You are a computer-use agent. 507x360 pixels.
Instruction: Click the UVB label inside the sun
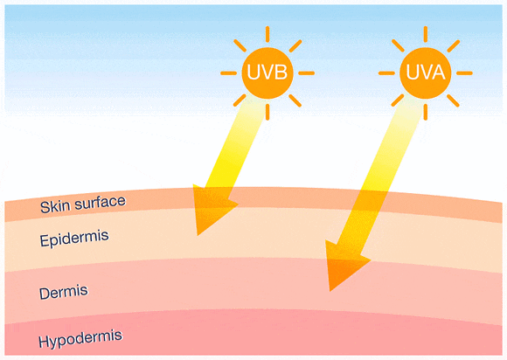point(267,72)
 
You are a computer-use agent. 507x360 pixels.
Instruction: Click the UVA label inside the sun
point(426,72)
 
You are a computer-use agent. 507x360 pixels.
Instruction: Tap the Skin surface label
point(83,204)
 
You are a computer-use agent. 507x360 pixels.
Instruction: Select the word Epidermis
point(74,239)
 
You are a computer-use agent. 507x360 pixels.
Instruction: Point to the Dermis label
point(63,292)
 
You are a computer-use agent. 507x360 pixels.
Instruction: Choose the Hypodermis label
point(80,339)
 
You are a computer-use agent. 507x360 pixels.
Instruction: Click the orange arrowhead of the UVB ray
point(212,209)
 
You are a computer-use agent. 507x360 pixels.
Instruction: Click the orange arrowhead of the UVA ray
point(346,265)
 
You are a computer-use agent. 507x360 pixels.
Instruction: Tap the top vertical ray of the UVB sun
point(267,34)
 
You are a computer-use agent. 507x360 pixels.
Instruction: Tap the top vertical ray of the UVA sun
point(426,34)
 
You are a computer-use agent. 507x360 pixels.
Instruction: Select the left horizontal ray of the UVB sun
point(229,73)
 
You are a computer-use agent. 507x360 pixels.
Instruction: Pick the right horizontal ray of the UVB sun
point(306,73)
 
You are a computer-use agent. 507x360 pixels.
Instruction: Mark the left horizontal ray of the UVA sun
point(386,73)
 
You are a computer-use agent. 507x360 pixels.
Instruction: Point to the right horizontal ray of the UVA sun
point(465,73)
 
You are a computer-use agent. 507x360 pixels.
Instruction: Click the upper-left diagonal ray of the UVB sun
point(240,45)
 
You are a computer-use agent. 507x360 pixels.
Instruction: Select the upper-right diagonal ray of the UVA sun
point(454,46)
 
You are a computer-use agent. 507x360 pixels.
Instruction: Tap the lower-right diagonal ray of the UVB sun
point(295,100)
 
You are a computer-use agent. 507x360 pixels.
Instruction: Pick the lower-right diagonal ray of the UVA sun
point(453,100)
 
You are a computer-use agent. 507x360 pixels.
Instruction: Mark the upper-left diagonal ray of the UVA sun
point(398,45)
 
